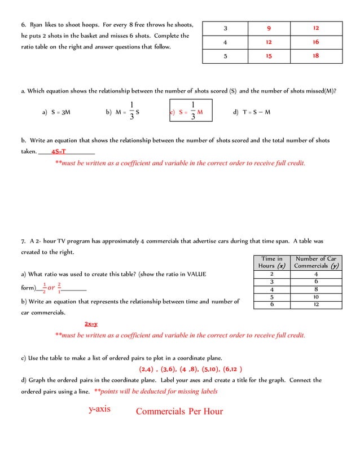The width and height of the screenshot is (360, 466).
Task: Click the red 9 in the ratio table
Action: pyautogui.click(x=269, y=28)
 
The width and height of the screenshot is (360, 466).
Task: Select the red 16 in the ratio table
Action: pyautogui.click(x=315, y=42)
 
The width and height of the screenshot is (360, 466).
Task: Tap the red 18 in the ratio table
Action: pyautogui.click(x=315, y=56)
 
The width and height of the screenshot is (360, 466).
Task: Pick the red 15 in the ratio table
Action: pyautogui.click(x=269, y=56)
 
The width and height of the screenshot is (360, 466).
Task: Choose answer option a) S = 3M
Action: pyautogui.click(x=56, y=112)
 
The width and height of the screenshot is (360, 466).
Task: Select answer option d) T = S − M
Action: pyautogui.click(x=252, y=112)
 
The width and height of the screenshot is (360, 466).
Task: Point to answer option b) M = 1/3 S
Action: pyautogui.click(x=122, y=112)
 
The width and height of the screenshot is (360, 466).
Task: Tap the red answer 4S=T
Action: pyautogui.click(x=59, y=151)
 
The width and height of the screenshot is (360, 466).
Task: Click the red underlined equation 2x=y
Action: pyautogui.click(x=91, y=324)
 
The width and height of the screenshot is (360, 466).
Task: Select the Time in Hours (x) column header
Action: pyautogui.click(x=272, y=262)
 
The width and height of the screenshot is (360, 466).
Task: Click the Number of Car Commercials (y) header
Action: pyautogui.click(x=316, y=262)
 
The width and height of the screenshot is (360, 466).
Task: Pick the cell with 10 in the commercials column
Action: pyautogui.click(x=316, y=297)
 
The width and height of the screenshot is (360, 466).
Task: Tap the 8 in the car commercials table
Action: pyautogui.click(x=316, y=289)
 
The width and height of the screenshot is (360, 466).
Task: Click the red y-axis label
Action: pyautogui.click(x=99, y=409)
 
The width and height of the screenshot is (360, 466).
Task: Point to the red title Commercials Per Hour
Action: pyautogui.click(x=179, y=411)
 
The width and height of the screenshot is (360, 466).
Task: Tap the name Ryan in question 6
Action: pyautogui.click(x=36, y=25)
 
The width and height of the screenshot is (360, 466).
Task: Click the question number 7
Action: pyautogui.click(x=23, y=241)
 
